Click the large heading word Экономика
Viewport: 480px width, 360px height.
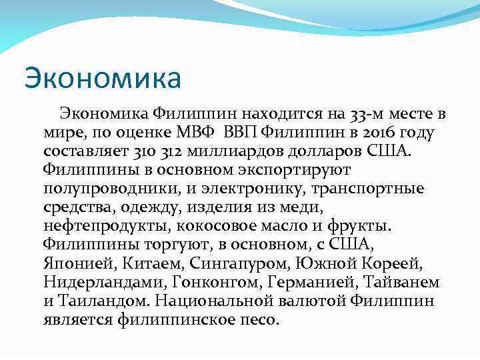(103, 78)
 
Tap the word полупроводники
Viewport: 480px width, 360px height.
(110, 189)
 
